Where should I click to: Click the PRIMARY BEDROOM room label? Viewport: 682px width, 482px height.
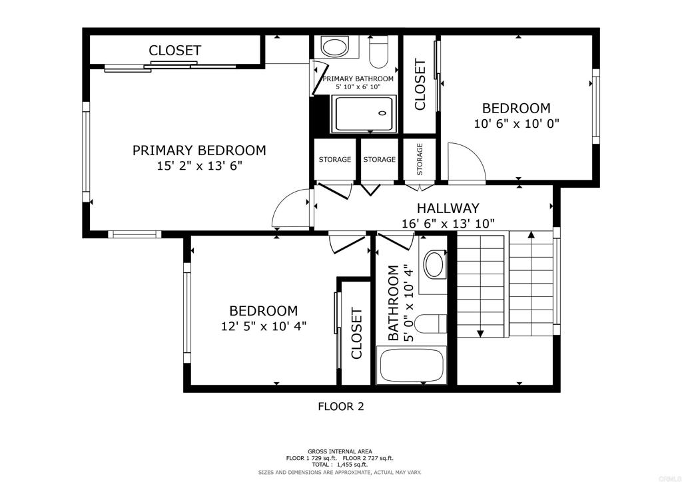pyautogui.click(x=198, y=150)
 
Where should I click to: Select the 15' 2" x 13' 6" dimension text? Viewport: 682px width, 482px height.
pyautogui.click(x=198, y=166)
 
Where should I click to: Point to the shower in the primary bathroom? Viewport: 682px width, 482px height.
pyautogui.click(x=364, y=114)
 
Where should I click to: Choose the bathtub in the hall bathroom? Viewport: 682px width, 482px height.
pyautogui.click(x=410, y=365)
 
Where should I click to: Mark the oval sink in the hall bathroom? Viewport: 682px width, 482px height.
pyautogui.click(x=435, y=264)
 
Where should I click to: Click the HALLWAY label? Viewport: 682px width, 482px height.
pyautogui.click(x=448, y=208)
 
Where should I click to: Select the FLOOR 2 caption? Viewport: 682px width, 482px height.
pyautogui.click(x=340, y=406)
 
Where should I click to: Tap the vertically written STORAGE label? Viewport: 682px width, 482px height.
pyautogui.click(x=420, y=160)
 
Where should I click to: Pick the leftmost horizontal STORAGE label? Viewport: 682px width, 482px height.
pyautogui.click(x=334, y=160)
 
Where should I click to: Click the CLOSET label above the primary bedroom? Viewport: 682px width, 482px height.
pyautogui.click(x=174, y=51)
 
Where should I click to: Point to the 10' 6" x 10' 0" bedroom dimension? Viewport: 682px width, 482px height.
pyautogui.click(x=516, y=123)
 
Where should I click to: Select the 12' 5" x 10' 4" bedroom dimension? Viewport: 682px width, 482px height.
pyautogui.click(x=263, y=326)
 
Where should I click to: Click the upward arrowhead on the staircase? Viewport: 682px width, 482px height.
pyautogui.click(x=531, y=234)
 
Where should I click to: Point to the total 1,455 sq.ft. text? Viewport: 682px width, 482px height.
pyautogui.click(x=340, y=465)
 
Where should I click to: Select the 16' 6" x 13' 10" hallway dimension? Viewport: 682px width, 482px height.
pyautogui.click(x=448, y=224)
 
